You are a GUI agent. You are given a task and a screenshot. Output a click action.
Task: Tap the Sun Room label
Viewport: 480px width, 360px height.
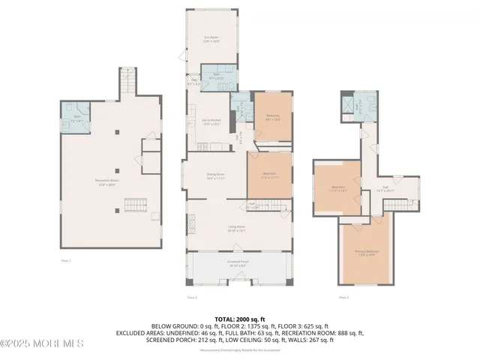pyautogui.click(x=211, y=39)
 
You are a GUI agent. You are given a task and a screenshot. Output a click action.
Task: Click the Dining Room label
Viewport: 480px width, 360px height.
pyautogui.click(x=216, y=177)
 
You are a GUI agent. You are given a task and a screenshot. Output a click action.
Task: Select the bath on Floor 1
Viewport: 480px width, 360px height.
pyautogui.click(x=73, y=116)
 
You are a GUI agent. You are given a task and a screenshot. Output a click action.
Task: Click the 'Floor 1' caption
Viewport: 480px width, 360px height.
pyautogui.click(x=66, y=260)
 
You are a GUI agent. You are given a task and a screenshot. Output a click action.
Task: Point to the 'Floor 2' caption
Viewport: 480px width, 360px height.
pyautogui.click(x=191, y=298)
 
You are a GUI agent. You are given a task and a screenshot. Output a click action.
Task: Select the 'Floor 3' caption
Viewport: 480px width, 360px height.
pyautogui.click(x=343, y=298)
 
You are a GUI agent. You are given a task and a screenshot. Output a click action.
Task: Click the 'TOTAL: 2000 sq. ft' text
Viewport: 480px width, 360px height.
pyautogui.click(x=239, y=319)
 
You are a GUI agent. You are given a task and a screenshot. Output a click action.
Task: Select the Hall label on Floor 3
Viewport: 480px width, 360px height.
pyautogui.click(x=385, y=190)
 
